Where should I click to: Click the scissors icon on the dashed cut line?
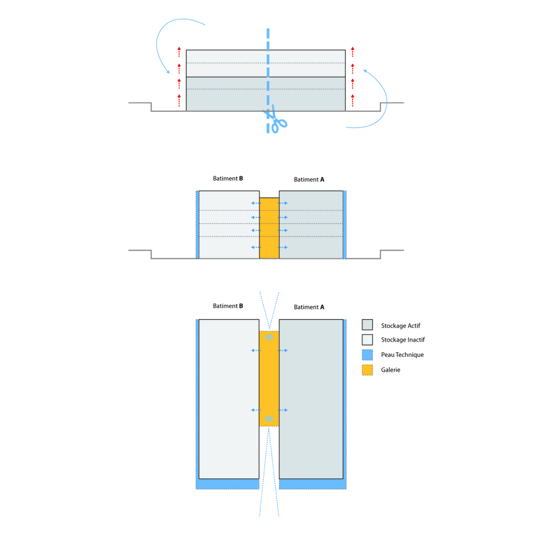(276, 120)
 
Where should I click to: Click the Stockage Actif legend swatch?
(367, 325)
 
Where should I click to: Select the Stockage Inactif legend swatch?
(367, 340)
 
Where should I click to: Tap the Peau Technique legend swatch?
(367, 355)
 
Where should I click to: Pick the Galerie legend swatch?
(367, 370)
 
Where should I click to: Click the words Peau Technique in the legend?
(402, 355)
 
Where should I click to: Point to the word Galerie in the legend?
(391, 370)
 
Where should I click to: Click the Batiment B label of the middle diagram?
(228, 178)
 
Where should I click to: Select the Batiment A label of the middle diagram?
(309, 179)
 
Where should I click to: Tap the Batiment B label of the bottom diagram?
(228, 306)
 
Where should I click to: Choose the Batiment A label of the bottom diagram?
(309, 307)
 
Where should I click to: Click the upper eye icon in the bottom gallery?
(269, 337)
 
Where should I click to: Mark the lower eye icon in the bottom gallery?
(269, 419)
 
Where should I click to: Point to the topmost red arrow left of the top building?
(179, 52)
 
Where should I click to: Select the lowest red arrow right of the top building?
(353, 100)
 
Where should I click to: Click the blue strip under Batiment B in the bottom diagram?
(227, 484)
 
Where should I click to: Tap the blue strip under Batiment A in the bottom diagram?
(312, 484)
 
